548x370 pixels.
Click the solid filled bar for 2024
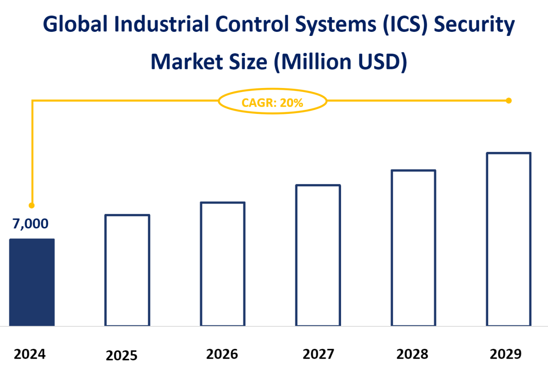32,282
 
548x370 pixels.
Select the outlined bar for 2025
127,270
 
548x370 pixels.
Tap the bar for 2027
318,255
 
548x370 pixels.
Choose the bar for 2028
413,248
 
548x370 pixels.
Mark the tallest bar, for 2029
509,239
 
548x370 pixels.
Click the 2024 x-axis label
30,354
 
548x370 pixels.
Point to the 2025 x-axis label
122,355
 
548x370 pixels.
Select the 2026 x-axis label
222,354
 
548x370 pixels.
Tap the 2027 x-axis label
318,354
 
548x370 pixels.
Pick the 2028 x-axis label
412,354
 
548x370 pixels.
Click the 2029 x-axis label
506,354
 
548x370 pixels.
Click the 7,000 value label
30,223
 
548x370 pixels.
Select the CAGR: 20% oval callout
272,101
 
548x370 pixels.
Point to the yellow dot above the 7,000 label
32,206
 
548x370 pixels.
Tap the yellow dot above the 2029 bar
509,101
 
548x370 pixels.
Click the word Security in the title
474,25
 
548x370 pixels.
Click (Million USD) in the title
341,62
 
